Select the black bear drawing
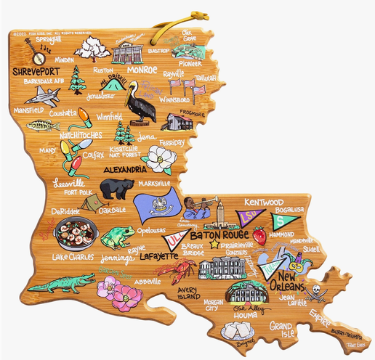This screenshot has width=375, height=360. tap(116, 189)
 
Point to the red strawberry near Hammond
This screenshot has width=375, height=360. tap(259, 235)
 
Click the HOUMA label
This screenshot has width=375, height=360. tap(249, 316)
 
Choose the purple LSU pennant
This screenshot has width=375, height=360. tap(251, 217)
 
